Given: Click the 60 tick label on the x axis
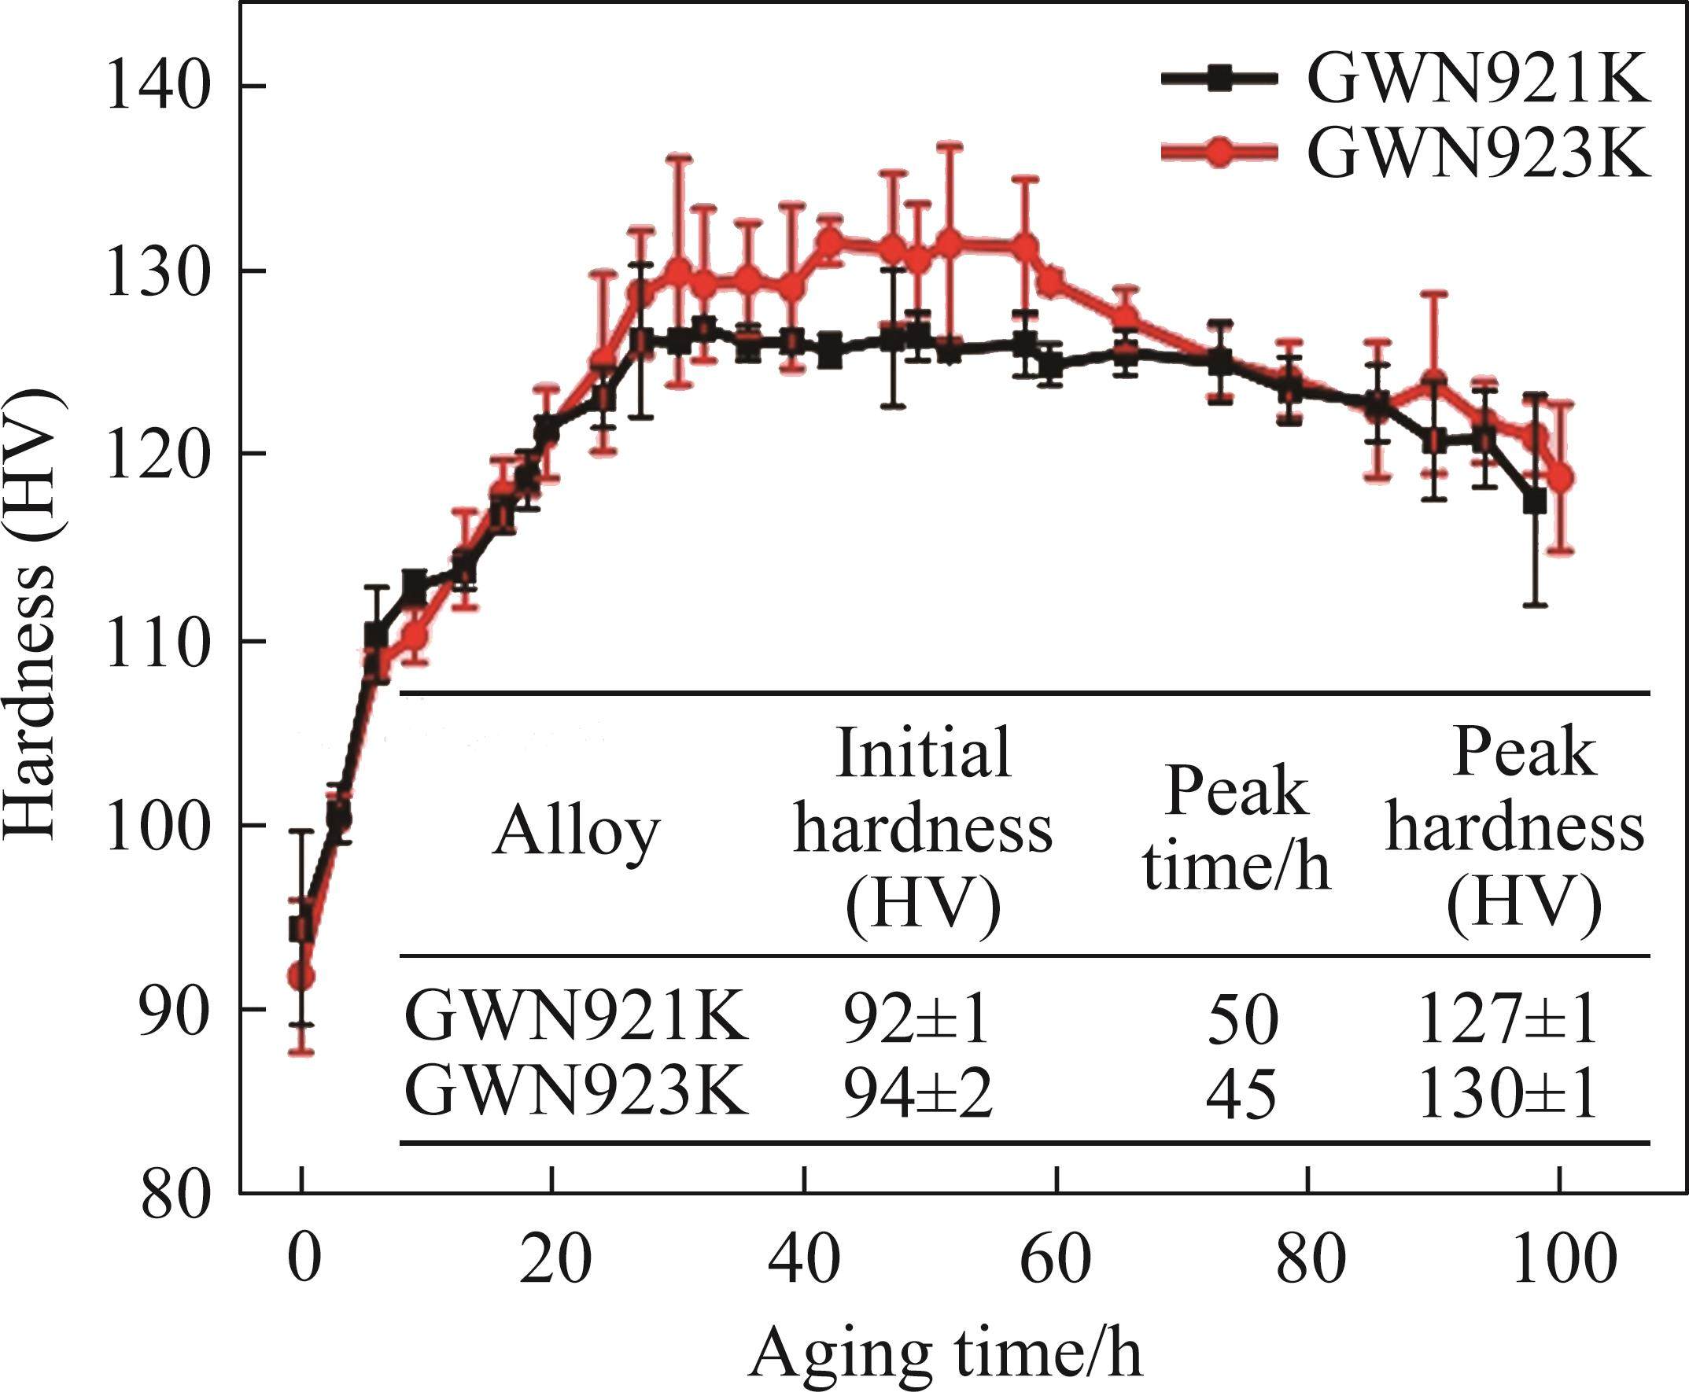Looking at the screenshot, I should (1056, 1259).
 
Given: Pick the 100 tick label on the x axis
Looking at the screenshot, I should (1558, 1259).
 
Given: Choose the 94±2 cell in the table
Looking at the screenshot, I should (917, 1096).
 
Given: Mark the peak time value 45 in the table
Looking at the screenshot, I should (1240, 1096).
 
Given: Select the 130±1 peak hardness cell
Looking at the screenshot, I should (1507, 1096).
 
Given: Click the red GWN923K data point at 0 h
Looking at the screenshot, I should (301, 976).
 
